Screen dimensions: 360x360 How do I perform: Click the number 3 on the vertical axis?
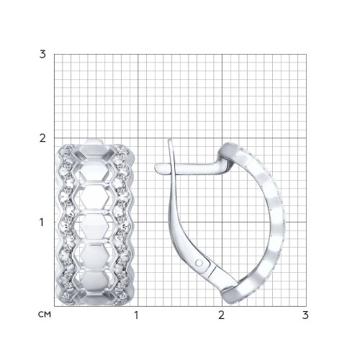pos(42,55)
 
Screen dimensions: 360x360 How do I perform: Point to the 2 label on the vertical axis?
pos(42,138)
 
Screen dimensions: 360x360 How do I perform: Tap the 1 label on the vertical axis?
pos(42,222)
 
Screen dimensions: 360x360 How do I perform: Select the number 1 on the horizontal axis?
pos(136,315)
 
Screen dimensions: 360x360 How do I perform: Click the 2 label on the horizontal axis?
pos(221,315)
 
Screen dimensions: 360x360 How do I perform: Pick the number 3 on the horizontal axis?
pos(305,315)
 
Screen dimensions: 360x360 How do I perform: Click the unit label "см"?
pos(45,315)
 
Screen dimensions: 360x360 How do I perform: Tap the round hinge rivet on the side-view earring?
pos(199,263)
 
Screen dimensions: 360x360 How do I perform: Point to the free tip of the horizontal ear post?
pos(156,168)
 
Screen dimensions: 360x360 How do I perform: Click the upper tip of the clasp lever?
pos(170,140)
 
